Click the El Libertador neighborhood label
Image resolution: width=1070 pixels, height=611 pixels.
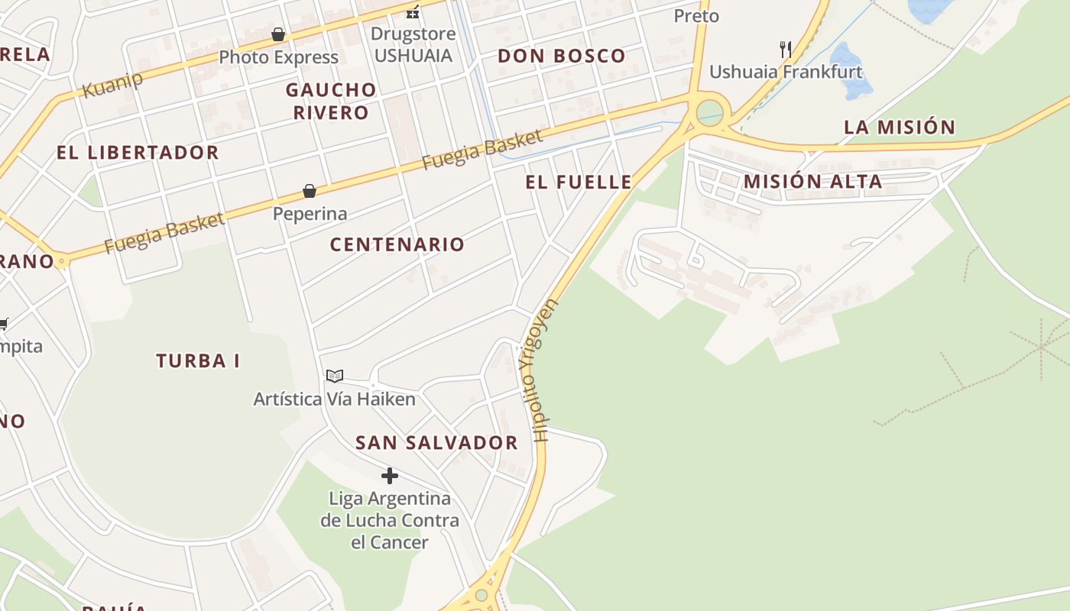point(138,153)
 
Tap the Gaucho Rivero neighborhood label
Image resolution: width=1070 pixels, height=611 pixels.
point(331,101)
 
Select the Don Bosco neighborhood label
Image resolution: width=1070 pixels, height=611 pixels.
point(562,56)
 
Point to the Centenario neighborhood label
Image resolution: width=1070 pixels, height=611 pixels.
point(397,244)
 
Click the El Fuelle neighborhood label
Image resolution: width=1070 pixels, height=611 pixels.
point(579,182)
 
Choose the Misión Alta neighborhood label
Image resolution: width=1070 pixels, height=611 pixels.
point(812,182)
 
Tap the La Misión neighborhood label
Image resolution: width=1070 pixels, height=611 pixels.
point(900,127)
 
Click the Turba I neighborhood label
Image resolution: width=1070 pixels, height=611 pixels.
point(198,360)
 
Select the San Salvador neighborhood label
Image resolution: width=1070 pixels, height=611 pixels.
point(436,442)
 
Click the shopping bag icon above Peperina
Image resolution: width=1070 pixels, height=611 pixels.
point(310,191)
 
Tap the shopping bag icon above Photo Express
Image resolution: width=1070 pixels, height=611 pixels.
point(278,35)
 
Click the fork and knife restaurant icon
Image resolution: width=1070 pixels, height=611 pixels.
point(785,50)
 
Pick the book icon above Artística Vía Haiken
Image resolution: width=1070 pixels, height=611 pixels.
point(335,376)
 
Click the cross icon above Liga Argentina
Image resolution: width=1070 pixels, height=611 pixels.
point(390,476)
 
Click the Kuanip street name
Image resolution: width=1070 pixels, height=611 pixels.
point(112,84)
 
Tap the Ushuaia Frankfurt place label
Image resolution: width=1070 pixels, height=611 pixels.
point(786,72)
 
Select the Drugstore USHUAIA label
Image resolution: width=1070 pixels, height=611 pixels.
point(413,44)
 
